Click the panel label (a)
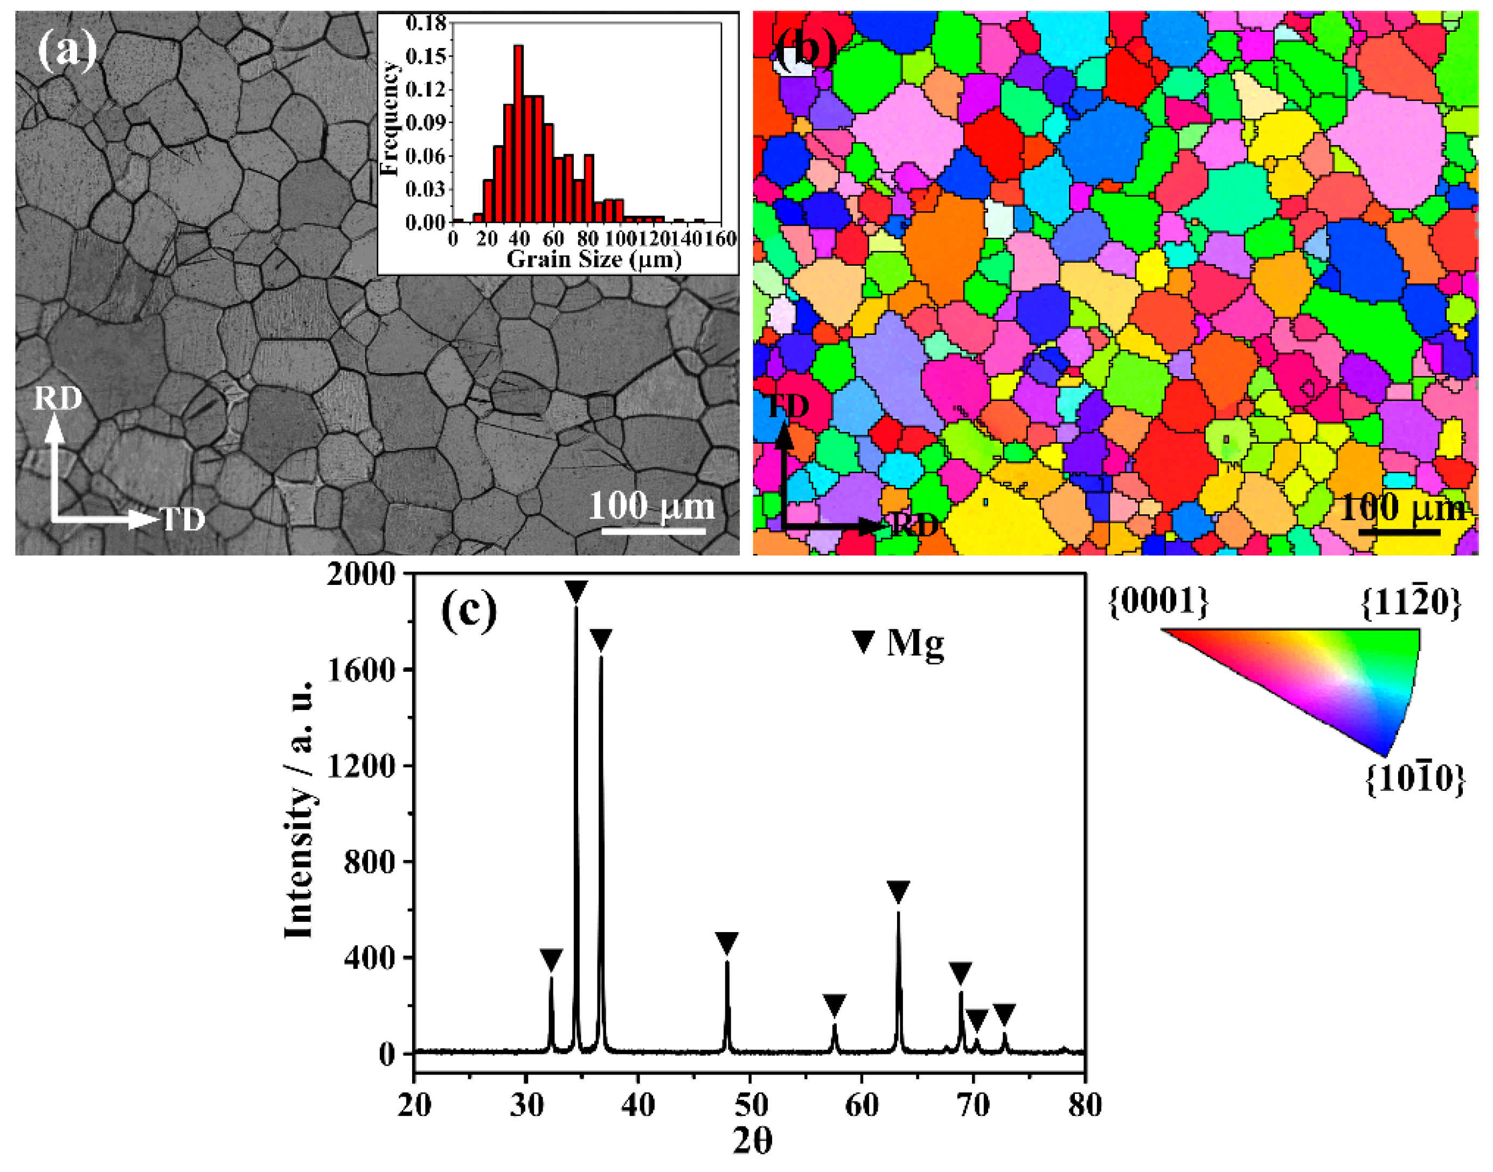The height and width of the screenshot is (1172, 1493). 66,50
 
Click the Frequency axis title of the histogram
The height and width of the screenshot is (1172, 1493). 389,118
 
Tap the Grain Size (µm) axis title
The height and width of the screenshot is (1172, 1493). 593,259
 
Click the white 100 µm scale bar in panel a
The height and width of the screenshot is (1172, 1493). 653,530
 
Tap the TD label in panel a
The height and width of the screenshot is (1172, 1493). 183,520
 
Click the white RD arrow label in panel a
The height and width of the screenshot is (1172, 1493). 58,398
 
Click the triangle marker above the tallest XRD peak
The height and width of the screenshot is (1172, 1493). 576,591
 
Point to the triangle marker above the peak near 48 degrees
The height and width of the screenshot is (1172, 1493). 726,943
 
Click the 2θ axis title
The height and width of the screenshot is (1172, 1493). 752,1142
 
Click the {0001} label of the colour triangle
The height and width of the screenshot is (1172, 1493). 1158,602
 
